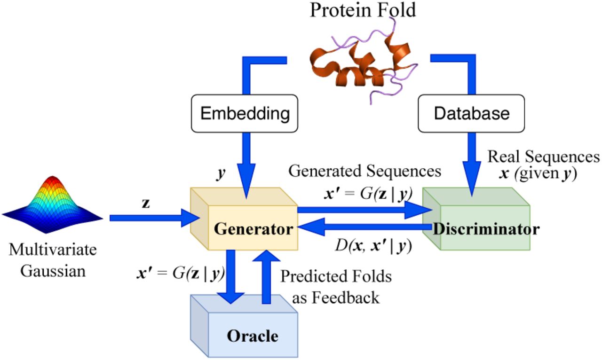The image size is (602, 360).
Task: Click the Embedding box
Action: [x=245, y=113]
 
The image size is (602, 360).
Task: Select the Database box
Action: [x=471, y=113]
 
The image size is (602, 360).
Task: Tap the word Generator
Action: [x=253, y=229]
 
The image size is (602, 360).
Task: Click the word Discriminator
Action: [x=486, y=229]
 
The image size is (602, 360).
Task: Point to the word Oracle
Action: [x=253, y=336]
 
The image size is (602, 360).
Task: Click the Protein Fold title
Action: [x=363, y=10]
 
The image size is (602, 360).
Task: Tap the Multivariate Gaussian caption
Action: [x=53, y=260]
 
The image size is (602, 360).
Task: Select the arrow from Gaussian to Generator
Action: [x=155, y=218]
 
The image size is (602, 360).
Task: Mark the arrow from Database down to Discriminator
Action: [x=472, y=164]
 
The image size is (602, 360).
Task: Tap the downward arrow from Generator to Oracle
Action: [x=231, y=277]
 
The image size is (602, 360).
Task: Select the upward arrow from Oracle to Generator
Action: [x=266, y=277]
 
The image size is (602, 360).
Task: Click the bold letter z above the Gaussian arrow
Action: [x=146, y=203]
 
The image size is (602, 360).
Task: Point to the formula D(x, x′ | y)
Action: [x=373, y=246]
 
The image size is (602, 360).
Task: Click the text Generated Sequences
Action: [x=364, y=171]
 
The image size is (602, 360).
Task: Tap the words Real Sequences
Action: [x=543, y=157]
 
